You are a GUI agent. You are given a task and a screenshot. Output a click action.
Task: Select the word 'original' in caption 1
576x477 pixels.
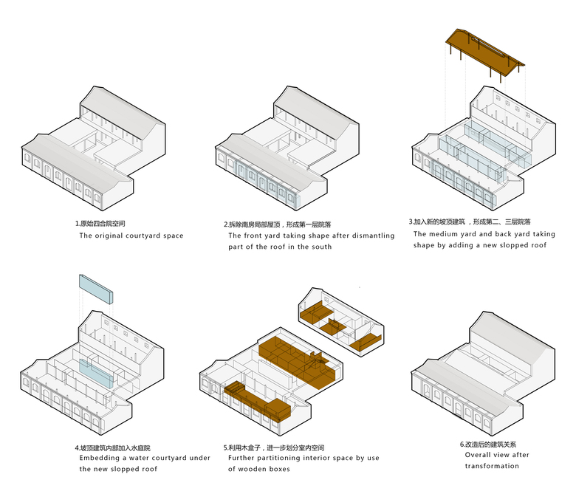(x=112, y=236)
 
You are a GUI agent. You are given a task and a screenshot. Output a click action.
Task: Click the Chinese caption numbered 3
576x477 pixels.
(x=470, y=222)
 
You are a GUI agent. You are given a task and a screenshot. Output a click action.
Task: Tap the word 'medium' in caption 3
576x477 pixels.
(x=450, y=233)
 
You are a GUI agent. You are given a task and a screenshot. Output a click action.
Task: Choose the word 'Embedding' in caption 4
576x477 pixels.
(x=99, y=458)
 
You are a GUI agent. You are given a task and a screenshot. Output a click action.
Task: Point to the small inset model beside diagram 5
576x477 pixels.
(x=340, y=318)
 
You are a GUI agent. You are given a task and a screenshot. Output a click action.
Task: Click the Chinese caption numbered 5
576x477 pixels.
(x=274, y=448)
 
